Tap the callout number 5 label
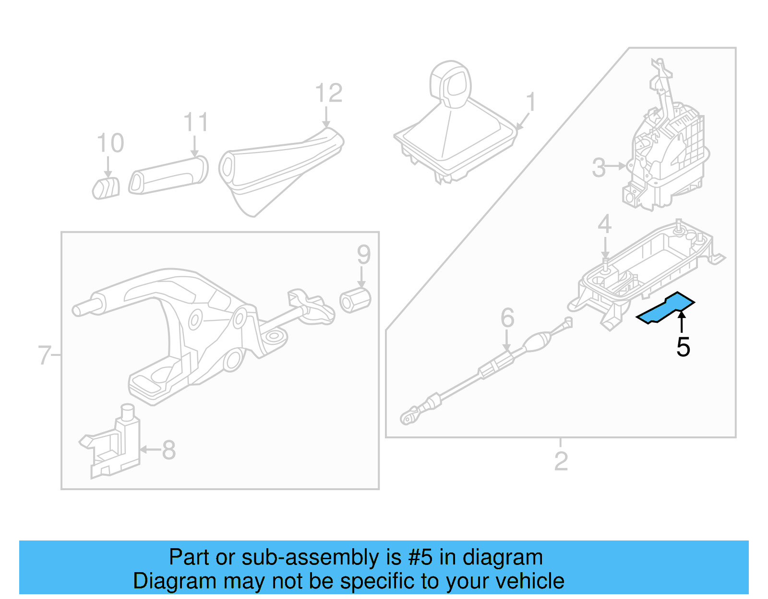coord(683,347)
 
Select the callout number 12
coord(329,93)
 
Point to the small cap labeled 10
coord(106,188)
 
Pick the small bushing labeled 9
coord(355,301)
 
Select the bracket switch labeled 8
coord(115,444)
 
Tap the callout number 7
coord(44,355)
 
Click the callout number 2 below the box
coord(561,461)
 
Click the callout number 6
coord(507,318)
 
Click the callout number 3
coord(599,167)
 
